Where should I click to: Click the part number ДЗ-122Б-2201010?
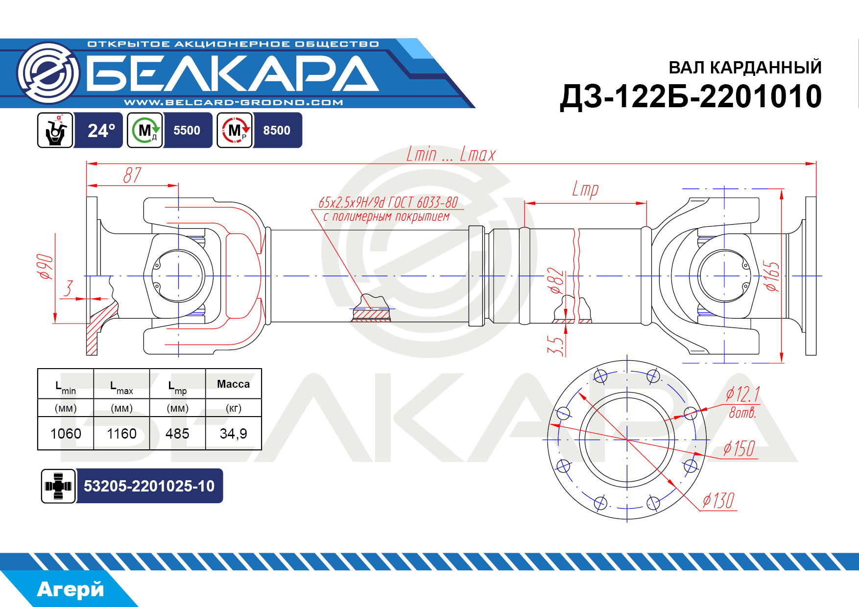(691, 96)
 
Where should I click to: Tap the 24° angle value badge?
(101, 131)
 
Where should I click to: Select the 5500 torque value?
(187, 131)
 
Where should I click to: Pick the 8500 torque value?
(277, 131)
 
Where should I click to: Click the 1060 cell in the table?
(66, 434)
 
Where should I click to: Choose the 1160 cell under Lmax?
(121, 434)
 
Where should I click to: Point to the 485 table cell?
(177, 434)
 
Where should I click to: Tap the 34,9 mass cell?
(233, 434)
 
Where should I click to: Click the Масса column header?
(233, 384)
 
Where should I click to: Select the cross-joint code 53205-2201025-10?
(149, 486)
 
